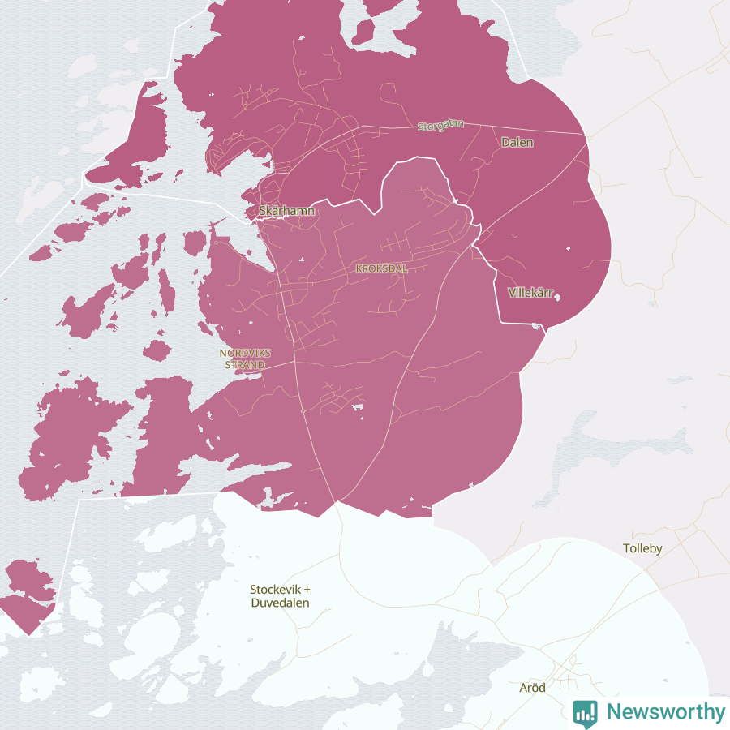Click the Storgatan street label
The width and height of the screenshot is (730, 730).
pyautogui.click(x=441, y=126)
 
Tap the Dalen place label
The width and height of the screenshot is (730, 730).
pyautogui.click(x=517, y=142)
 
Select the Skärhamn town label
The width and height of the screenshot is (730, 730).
pyautogui.click(x=286, y=211)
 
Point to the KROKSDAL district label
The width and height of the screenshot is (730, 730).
pyautogui.click(x=381, y=268)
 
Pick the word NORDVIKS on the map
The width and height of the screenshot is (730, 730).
pyautogui.click(x=245, y=353)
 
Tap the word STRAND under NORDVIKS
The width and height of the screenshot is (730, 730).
pyautogui.click(x=245, y=365)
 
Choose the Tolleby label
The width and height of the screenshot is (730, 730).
pyautogui.click(x=642, y=548)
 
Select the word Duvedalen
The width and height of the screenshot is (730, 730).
pyautogui.click(x=280, y=603)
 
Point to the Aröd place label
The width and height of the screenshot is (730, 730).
pyautogui.click(x=532, y=688)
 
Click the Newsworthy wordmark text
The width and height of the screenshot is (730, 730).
pyautogui.click(x=666, y=712)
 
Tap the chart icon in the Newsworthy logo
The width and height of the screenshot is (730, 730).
pyautogui.click(x=585, y=712)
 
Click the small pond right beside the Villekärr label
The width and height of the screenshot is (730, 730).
pyautogui.click(x=557, y=296)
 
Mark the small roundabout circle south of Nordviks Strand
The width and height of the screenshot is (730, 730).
pyautogui.click(x=303, y=412)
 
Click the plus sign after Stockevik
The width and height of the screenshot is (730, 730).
pyautogui.click(x=307, y=590)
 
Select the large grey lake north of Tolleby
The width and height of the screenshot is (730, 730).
pyautogui.click(x=616, y=438)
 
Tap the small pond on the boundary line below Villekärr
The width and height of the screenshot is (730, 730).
pyautogui.click(x=535, y=325)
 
